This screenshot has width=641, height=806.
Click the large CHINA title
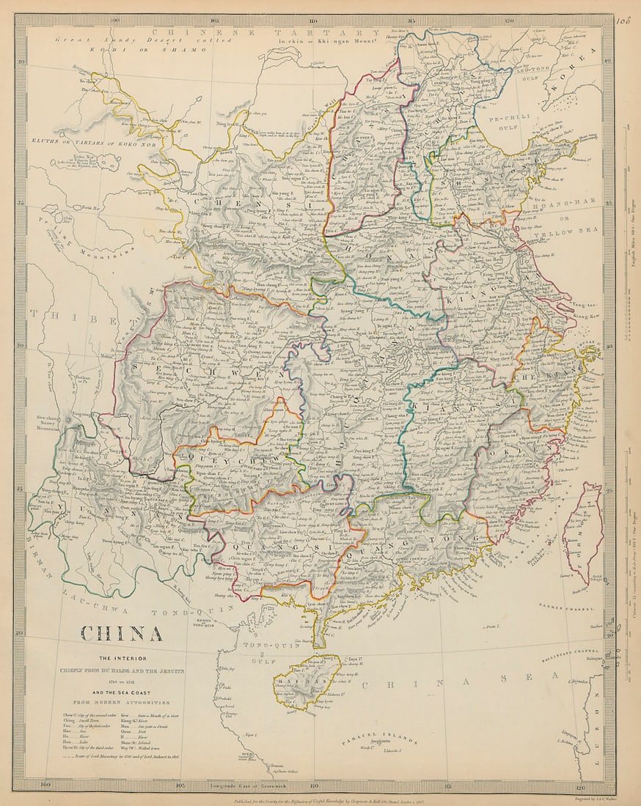[x=121, y=633]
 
